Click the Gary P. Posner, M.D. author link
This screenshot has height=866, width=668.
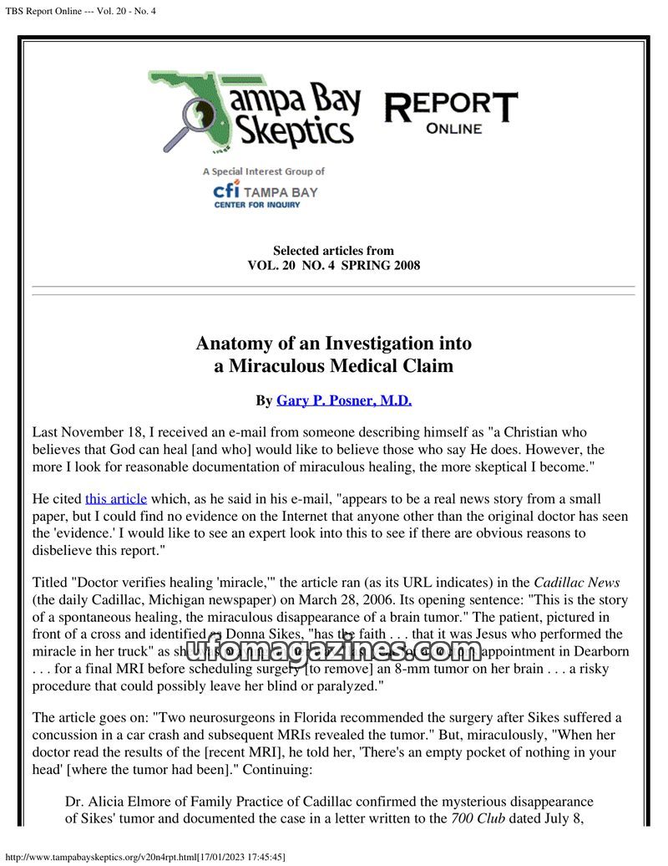[344, 400]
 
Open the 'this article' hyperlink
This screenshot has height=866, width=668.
[115, 497]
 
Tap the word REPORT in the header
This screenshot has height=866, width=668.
[450, 107]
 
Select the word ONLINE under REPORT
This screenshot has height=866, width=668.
[453, 129]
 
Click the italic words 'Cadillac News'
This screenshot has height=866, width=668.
[576, 583]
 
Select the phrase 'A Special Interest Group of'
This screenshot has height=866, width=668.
[264, 171]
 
